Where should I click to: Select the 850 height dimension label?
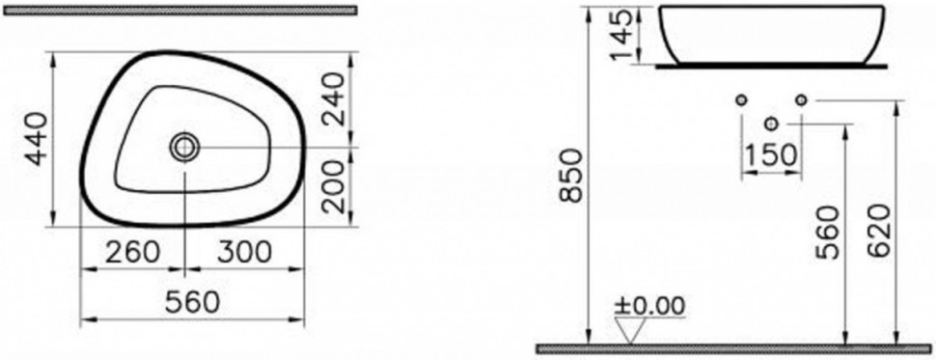coord(572,177)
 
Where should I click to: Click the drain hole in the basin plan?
coord(184,147)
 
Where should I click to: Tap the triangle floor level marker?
coord(632,330)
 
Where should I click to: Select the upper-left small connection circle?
coord(740,99)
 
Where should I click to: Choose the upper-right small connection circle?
coord(799,99)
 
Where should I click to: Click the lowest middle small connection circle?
coord(769,123)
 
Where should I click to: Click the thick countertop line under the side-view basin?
coord(769,68)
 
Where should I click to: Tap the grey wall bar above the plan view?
coord(179,11)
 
